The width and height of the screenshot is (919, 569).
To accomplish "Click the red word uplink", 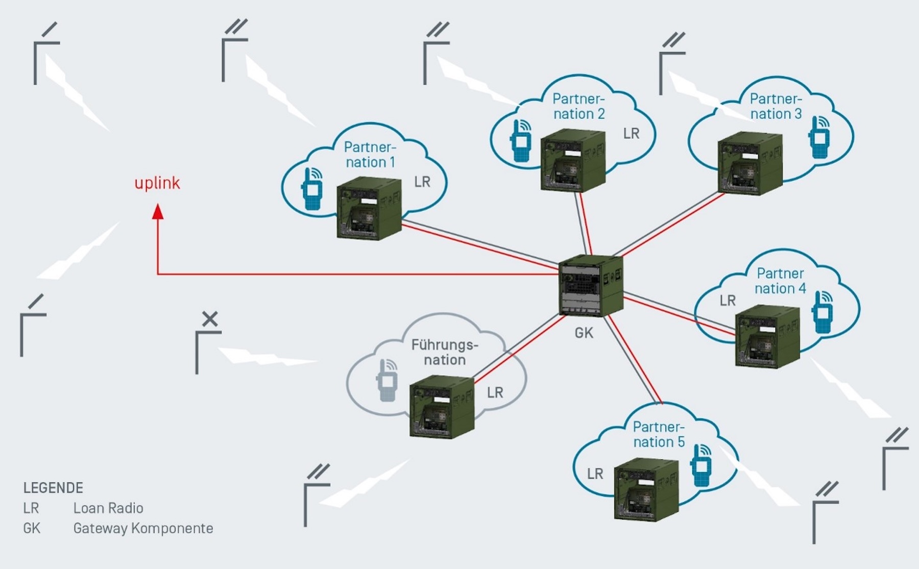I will click(157, 183).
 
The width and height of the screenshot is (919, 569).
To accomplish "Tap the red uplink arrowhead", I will click(158, 211).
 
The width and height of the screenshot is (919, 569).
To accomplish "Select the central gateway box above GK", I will click(591, 286).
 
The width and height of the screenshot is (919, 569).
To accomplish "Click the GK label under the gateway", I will click(584, 333).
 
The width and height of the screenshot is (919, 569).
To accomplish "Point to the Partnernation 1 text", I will click(370, 155).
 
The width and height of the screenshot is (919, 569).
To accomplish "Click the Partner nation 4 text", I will click(780, 281).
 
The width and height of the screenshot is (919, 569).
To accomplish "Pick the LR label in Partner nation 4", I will click(728, 301).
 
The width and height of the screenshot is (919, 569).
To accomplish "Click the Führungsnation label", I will click(445, 352).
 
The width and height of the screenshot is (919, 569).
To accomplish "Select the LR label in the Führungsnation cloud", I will click(495, 392).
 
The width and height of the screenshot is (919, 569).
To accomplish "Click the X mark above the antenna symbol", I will click(210, 319).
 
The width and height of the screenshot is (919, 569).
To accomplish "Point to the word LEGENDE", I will click(53, 488).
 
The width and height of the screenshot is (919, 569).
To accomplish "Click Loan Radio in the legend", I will click(108, 508).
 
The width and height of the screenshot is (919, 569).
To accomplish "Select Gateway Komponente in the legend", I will click(143, 528).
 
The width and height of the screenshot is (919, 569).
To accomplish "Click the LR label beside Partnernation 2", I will click(631, 134).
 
